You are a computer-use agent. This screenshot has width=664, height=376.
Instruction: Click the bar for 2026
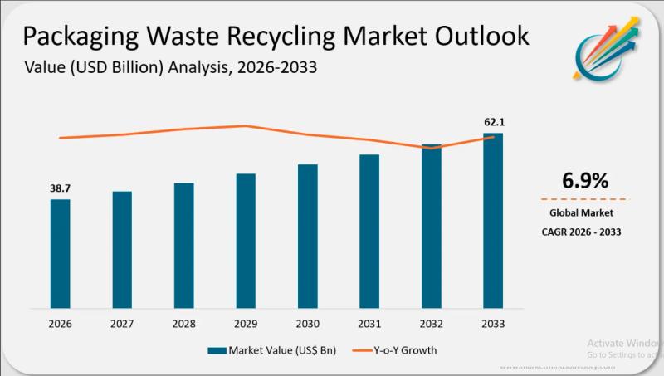click(x=61, y=252)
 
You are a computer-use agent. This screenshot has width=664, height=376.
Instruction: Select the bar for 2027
click(x=122, y=249)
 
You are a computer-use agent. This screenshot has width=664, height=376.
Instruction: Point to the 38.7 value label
click(x=60, y=189)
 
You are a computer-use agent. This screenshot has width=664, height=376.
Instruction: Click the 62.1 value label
click(x=494, y=123)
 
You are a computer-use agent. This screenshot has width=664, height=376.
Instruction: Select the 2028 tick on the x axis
click(x=183, y=323)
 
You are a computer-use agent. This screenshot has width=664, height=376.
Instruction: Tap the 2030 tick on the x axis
click(x=307, y=323)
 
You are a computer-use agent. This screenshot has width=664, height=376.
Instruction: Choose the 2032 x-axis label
click(x=431, y=323)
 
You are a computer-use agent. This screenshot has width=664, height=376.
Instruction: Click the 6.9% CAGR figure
click(x=586, y=180)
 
